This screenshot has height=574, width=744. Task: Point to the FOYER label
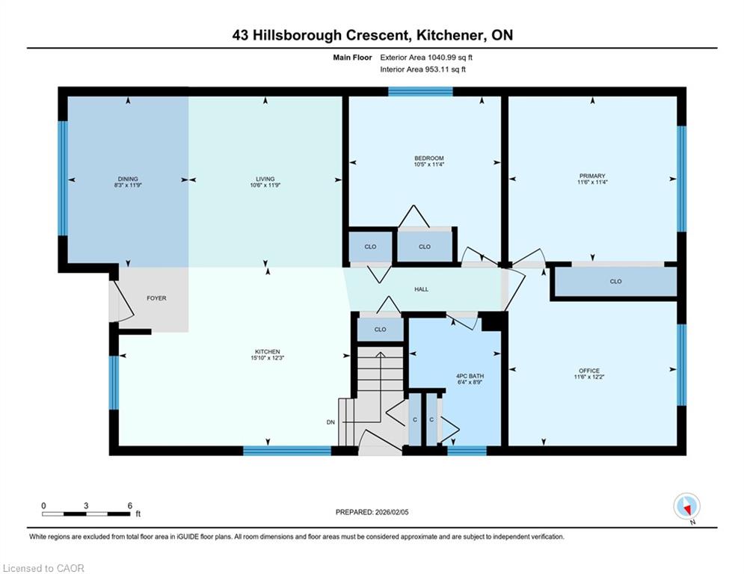[156, 298]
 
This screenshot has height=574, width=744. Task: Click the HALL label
[421, 289]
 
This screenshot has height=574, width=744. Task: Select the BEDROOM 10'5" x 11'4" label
[429, 161]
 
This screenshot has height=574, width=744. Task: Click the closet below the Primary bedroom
[615, 282]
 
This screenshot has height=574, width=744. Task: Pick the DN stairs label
[331, 422]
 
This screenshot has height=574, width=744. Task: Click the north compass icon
[686, 507]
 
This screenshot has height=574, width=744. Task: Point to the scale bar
[86, 513]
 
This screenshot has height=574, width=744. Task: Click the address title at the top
[372, 35]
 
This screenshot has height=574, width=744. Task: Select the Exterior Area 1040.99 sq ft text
[426, 58]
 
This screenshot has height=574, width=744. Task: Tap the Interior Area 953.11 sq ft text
[422, 70]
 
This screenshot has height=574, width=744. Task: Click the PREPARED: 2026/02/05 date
[372, 512]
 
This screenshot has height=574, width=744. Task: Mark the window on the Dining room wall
[63, 178]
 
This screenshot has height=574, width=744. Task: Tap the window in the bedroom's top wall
[420, 91]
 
